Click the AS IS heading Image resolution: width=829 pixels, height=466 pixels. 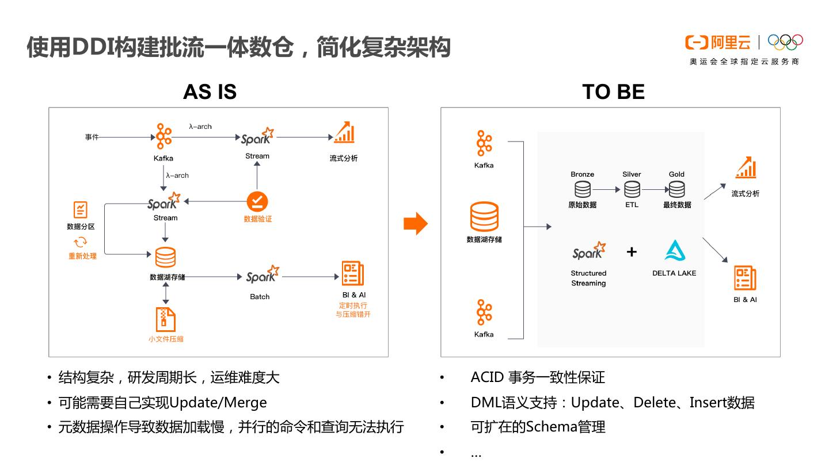point(210,92)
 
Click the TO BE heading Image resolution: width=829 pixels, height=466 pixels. point(613,92)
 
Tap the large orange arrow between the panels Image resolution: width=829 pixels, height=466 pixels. point(415,224)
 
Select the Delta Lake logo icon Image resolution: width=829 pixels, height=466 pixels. point(674,251)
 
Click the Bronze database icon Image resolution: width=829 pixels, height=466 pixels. point(582,189)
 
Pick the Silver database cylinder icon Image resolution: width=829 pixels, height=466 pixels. point(632,189)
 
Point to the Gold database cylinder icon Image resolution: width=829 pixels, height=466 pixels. point(676,189)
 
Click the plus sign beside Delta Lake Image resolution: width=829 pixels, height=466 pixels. point(632,251)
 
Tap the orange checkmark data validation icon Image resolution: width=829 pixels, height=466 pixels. point(257,201)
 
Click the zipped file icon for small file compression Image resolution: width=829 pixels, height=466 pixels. point(165,319)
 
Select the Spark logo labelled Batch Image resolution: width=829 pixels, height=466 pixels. point(263,275)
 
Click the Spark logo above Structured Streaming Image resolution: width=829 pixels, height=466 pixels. point(588,251)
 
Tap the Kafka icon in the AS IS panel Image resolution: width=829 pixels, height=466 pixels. point(163,136)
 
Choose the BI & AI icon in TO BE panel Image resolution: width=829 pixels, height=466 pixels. point(745,278)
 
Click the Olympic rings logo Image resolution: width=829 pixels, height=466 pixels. point(785,42)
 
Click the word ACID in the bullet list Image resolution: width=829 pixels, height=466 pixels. point(488,378)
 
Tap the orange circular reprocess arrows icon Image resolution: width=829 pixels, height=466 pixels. point(81,242)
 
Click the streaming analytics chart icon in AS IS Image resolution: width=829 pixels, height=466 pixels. point(344,132)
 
